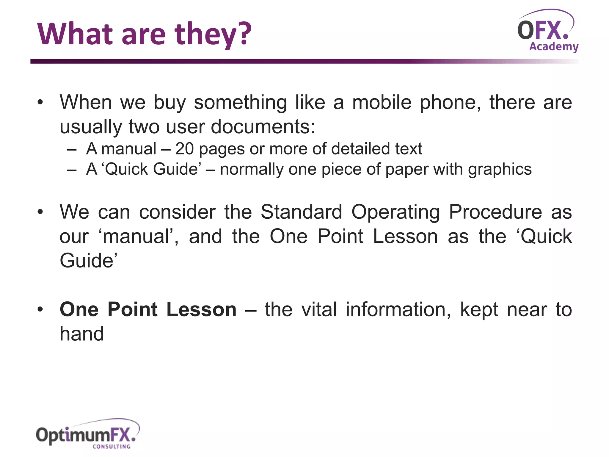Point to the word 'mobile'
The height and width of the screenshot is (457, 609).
[x=382, y=102]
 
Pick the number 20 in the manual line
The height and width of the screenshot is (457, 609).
[x=184, y=149]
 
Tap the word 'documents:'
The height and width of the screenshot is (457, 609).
[x=263, y=127]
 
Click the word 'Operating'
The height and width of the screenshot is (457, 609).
[x=395, y=212]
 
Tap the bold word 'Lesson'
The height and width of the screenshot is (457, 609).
[x=201, y=309]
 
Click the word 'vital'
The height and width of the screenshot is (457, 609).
[x=319, y=309]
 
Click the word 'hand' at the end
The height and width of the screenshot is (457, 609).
[x=82, y=334]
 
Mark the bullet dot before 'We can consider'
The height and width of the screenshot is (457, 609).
[x=40, y=212]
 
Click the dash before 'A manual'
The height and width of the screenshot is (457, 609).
[x=72, y=149]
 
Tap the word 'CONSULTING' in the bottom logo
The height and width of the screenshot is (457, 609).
[x=112, y=447]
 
